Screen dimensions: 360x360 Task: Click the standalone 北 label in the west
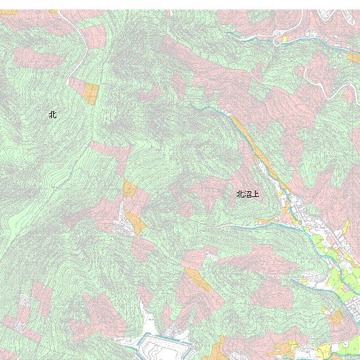[52, 115]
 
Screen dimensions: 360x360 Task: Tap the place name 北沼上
[247, 194]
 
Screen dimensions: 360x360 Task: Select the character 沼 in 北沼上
[247, 194]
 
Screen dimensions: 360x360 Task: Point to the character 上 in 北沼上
[255, 194]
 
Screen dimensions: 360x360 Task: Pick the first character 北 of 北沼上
[240, 194]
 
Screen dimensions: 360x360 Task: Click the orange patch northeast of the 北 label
[91, 94]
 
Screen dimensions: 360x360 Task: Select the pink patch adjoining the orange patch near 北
[76, 85]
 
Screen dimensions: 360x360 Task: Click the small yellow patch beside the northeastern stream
[284, 39]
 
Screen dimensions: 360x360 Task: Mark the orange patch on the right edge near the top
[354, 57]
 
